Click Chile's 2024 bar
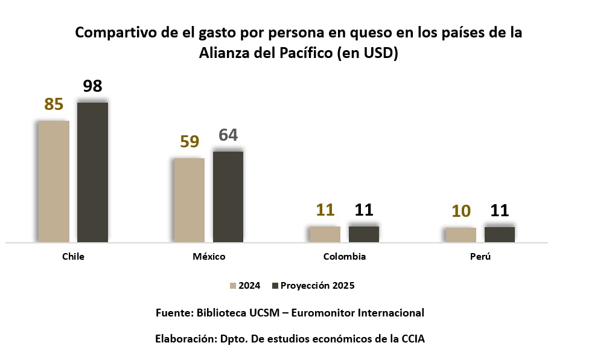[x=54, y=181]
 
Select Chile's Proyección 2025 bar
[x=92, y=172]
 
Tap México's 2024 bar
[x=189, y=200]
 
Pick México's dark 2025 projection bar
[x=228, y=196]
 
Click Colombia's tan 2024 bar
[x=325, y=234]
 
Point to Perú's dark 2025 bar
[x=500, y=234]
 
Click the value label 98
[x=92, y=86]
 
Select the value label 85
[x=54, y=104]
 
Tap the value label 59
[x=190, y=142]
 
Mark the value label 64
[x=228, y=135]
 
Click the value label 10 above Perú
[x=461, y=211]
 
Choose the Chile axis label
[x=73, y=257]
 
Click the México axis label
[x=209, y=257]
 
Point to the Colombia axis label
[x=345, y=257]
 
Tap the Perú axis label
[x=480, y=257]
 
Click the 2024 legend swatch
[x=232, y=286]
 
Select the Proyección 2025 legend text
[x=316, y=286]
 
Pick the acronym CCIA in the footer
[x=413, y=339]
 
